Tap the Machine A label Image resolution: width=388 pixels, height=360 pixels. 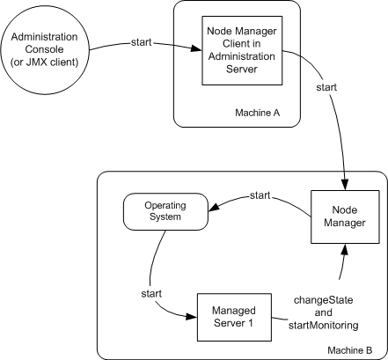click(258, 113)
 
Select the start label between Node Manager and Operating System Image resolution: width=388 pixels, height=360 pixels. click(260, 194)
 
